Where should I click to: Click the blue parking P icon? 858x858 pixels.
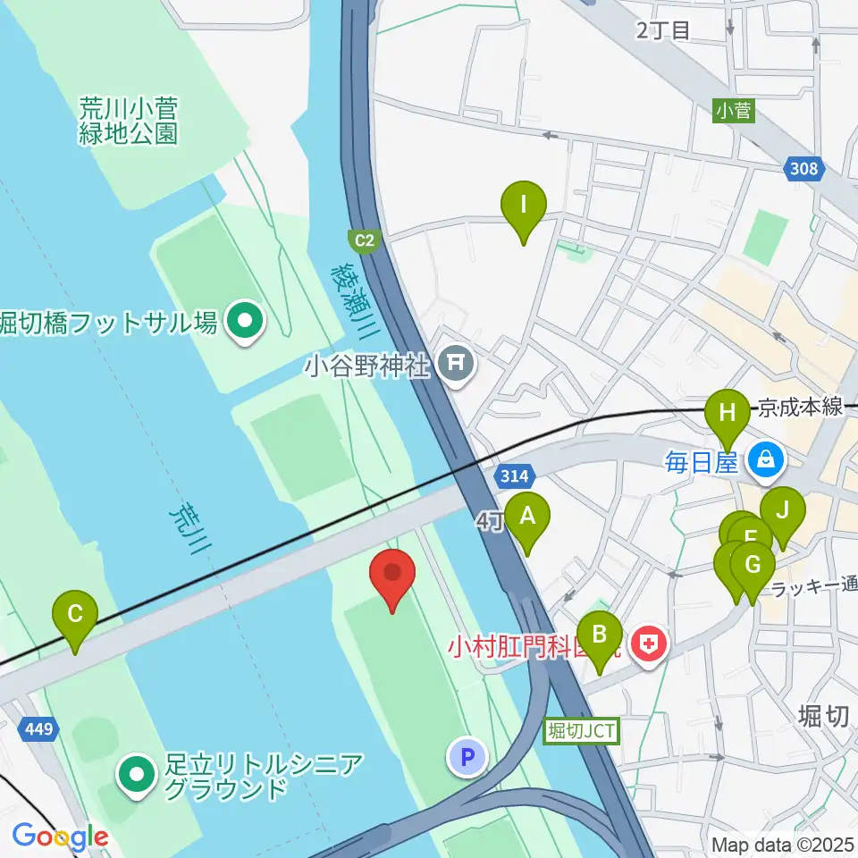[467, 758]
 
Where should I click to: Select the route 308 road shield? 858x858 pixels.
[804, 168]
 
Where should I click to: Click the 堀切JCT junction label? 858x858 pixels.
[581, 730]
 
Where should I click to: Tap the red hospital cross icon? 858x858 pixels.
[650, 643]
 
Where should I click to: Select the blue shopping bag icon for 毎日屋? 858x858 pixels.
[765, 461]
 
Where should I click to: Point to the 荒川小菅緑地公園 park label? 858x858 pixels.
[128, 122]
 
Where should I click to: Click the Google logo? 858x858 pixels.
[60, 837]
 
